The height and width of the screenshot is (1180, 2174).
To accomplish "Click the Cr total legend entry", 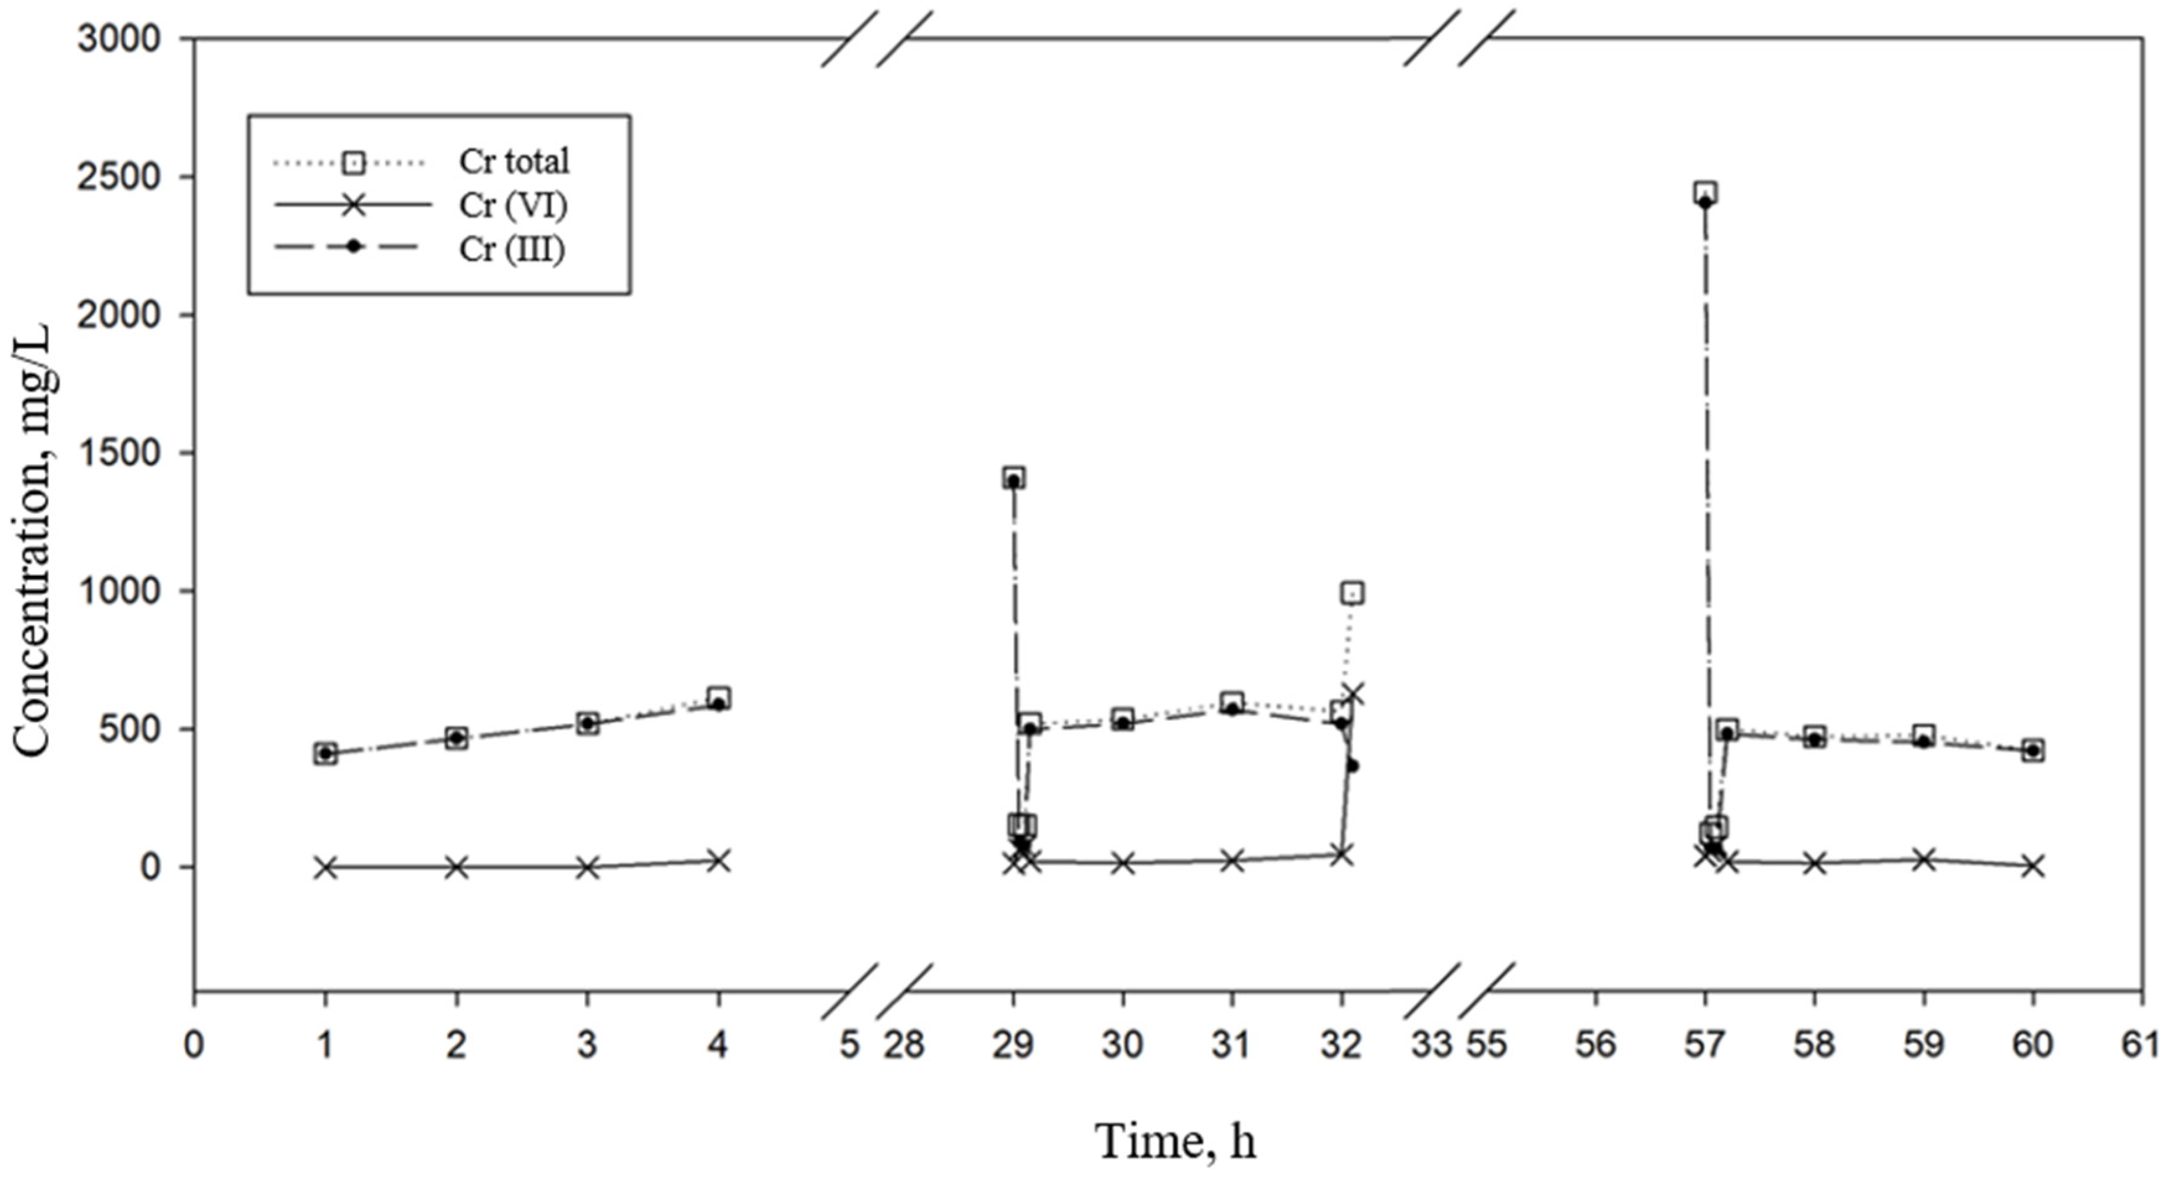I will (x=513, y=161).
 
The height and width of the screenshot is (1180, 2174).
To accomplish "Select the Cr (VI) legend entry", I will (x=513, y=205).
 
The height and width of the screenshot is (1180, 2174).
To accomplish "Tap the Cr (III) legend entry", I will (x=511, y=249).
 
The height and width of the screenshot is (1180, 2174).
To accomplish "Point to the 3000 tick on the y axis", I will (x=118, y=39).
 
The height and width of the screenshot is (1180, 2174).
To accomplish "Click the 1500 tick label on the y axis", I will (x=118, y=453).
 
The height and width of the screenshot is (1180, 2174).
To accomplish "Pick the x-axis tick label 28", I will (x=904, y=1045).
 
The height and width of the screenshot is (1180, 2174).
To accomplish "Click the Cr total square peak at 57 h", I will (x=1705, y=193).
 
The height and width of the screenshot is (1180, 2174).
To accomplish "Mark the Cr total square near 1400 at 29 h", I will (x=1014, y=477).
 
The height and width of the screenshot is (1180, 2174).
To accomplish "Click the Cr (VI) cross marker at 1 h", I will (x=326, y=867).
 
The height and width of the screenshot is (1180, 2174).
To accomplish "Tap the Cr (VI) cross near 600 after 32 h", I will (x=1353, y=694).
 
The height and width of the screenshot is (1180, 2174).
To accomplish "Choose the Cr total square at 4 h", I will (x=718, y=698).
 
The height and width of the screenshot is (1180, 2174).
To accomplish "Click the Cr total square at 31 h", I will (x=1232, y=702).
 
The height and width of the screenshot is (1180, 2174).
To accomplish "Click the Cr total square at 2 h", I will (x=457, y=738).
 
